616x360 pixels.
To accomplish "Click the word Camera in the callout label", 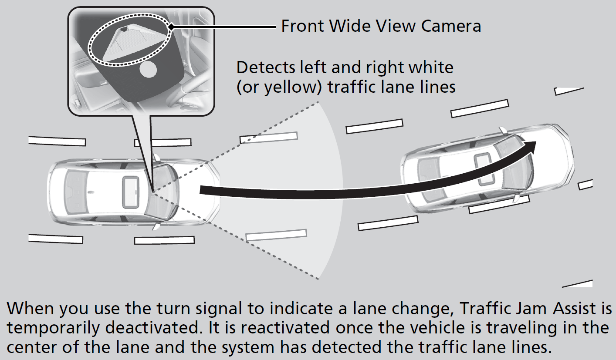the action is [x=451, y=26].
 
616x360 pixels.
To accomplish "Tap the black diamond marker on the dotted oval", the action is [x=171, y=27].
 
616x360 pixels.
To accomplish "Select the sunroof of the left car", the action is [x=131, y=192].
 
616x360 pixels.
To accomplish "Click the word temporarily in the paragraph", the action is [x=53, y=328].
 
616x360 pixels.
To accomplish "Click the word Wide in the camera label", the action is [x=349, y=26].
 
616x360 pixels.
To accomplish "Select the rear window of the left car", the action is [x=72, y=193].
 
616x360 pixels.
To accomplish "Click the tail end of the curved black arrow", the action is [x=200, y=190].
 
